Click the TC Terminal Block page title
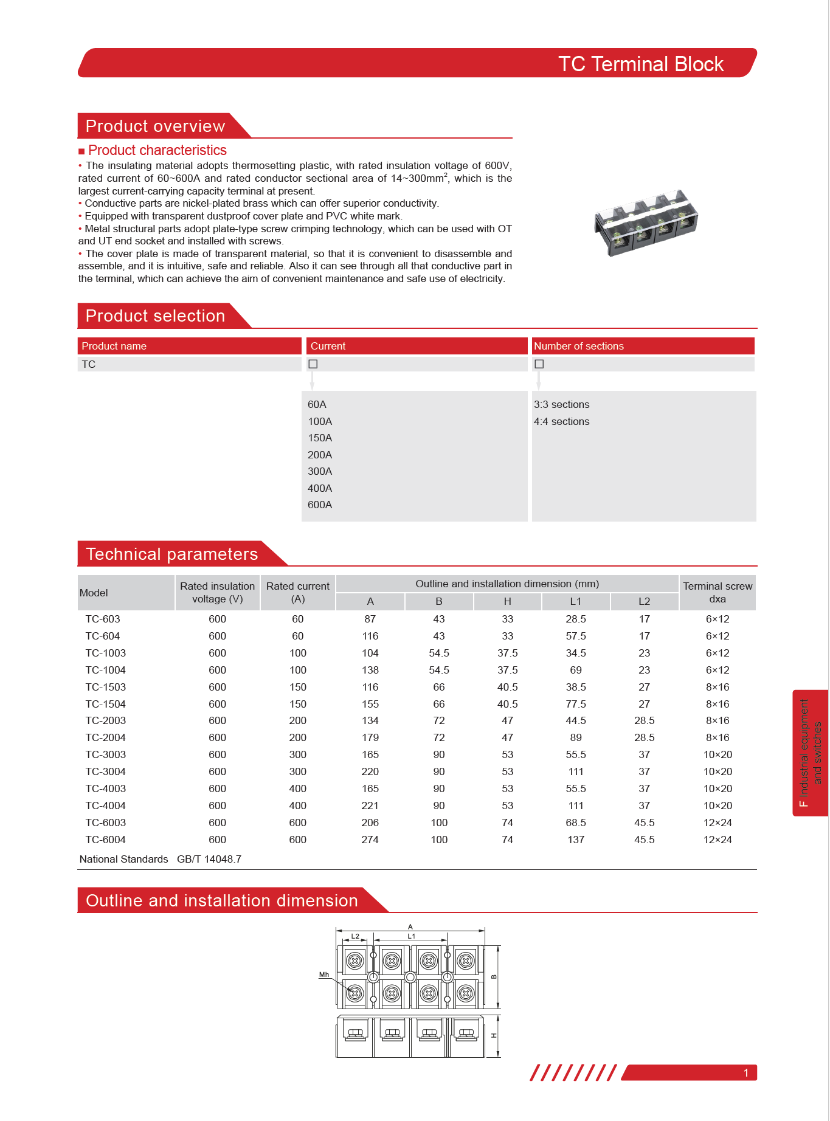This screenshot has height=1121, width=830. [x=640, y=64]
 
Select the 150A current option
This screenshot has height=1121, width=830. [x=320, y=438]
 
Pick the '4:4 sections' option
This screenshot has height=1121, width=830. [x=561, y=421]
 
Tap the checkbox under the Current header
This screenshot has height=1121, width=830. [x=313, y=364]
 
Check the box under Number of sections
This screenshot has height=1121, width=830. [x=539, y=364]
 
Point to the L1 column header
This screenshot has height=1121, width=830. [x=575, y=601]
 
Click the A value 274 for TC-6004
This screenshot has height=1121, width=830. [x=370, y=840]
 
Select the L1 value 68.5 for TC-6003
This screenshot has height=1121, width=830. [x=575, y=823]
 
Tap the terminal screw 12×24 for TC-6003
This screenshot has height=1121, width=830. [x=718, y=823]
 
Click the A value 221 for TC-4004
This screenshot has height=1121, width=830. [x=370, y=805]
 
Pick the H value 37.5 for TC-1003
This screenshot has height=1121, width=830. [x=507, y=653]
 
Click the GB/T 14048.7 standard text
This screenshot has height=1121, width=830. [x=209, y=859]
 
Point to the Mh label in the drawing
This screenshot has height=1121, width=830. [x=324, y=974]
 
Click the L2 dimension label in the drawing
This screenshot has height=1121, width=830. [x=355, y=936]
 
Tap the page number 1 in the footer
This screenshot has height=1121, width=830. [x=746, y=1073]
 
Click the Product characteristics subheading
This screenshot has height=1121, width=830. [x=157, y=150]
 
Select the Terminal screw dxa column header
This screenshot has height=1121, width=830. [x=718, y=593]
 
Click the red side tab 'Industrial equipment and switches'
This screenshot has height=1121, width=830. [x=811, y=753]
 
